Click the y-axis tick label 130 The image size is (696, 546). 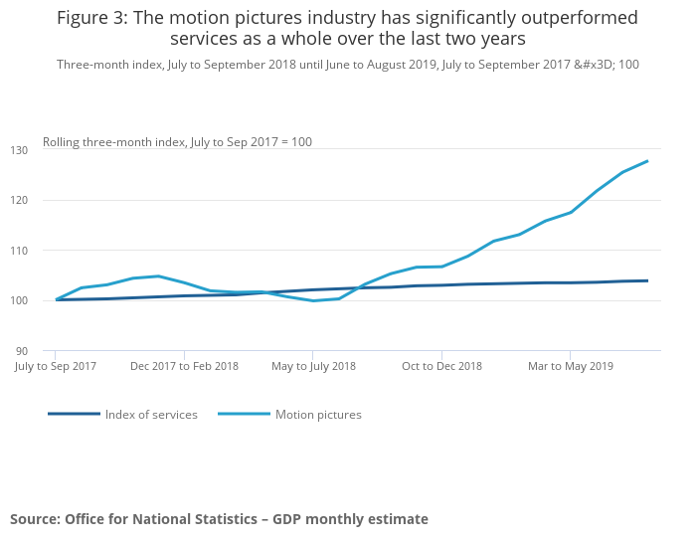(48, 149)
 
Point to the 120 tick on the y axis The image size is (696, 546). (48, 200)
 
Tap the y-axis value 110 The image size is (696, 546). (48, 250)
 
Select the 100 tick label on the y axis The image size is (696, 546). (48, 300)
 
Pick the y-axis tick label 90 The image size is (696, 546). (50, 351)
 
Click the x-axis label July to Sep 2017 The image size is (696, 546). (56, 366)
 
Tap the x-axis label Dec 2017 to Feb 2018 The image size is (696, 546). (184, 366)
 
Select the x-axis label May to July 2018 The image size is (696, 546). (313, 366)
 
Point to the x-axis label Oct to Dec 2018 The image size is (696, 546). (441, 366)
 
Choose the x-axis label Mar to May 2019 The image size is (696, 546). (571, 366)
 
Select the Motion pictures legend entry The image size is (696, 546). (318, 414)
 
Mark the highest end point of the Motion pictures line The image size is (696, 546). (647, 161)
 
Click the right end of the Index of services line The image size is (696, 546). (647, 280)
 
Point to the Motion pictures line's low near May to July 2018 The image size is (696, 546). (313, 300)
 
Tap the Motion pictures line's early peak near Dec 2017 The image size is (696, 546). (158, 275)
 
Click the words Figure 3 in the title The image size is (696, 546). (89, 18)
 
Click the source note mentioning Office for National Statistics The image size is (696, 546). (219, 519)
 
